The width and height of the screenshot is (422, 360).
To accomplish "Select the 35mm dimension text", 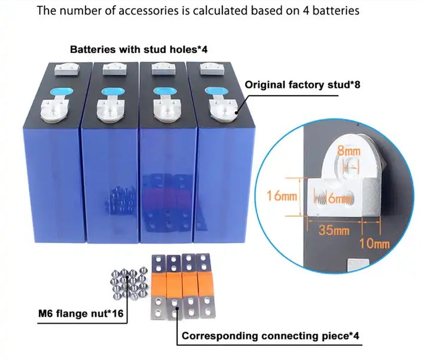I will [x=334, y=230].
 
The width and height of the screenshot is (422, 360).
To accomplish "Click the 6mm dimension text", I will [x=337, y=199].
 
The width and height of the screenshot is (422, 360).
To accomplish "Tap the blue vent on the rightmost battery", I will [x=214, y=91].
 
